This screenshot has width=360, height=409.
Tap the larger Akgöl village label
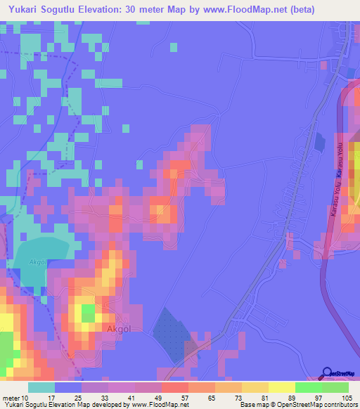pos(119,328)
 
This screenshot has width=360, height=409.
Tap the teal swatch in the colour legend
pos(41,387)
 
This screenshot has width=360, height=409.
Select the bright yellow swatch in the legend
pos(282,387)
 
